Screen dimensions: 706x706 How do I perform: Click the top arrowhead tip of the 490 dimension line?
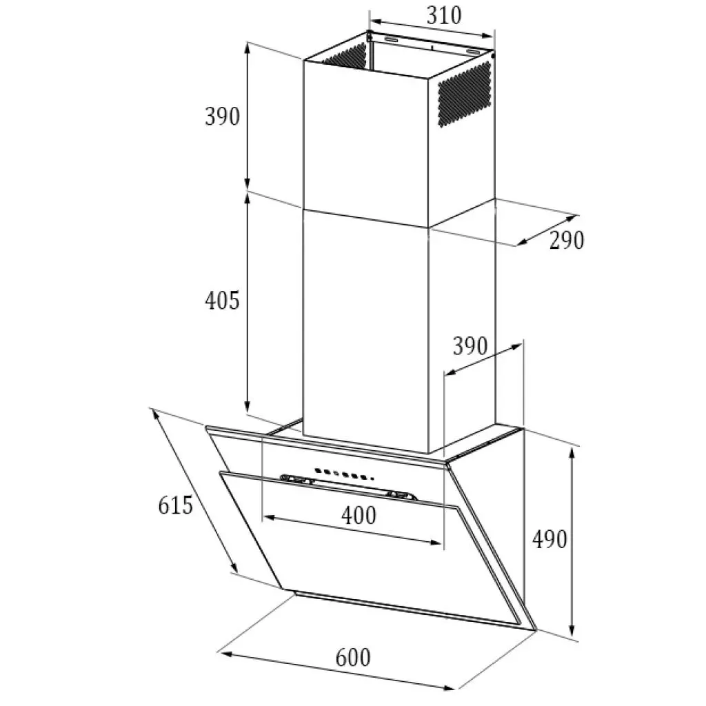(x=572, y=448)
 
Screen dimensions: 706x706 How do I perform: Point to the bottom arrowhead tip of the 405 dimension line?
(x=248, y=411)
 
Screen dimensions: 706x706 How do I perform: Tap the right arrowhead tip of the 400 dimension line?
(x=441, y=543)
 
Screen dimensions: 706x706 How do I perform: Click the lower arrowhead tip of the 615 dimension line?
(x=237, y=572)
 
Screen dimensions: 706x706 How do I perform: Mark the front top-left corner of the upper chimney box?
(x=303, y=61)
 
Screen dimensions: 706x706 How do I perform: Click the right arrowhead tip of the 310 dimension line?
(x=494, y=36)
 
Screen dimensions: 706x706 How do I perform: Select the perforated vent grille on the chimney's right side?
(x=464, y=94)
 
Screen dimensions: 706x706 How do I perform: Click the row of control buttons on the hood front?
(x=344, y=474)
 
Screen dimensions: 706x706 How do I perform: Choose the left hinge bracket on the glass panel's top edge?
(x=296, y=480)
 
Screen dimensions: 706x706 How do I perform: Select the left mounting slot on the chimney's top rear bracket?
(x=392, y=40)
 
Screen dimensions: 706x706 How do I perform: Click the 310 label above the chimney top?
(x=444, y=16)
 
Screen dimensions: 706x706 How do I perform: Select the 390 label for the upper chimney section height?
(x=223, y=116)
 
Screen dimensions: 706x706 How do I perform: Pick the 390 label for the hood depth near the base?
(x=470, y=346)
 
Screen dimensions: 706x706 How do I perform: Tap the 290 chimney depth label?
(x=567, y=239)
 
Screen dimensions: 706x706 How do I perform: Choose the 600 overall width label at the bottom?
(x=353, y=658)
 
